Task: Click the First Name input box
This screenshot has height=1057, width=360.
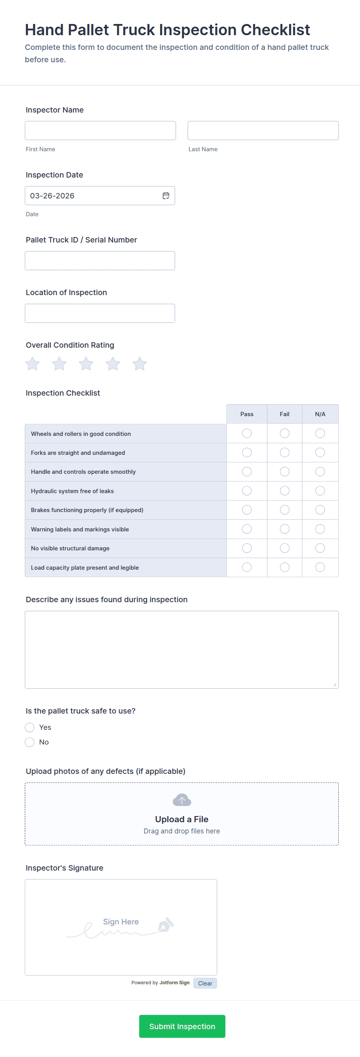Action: pyautogui.click(x=100, y=130)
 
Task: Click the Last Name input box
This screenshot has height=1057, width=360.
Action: pyautogui.click(x=263, y=130)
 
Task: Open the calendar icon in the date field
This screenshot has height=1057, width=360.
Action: pyautogui.click(x=166, y=196)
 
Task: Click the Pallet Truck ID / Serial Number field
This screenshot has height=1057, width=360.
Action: pyautogui.click(x=100, y=261)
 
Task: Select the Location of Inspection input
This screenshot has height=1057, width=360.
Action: pyautogui.click(x=100, y=313)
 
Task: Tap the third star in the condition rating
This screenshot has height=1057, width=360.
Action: pyautogui.click(x=86, y=364)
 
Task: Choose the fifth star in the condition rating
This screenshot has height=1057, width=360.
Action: pyautogui.click(x=140, y=364)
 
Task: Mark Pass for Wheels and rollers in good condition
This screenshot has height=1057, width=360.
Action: pyautogui.click(x=247, y=433)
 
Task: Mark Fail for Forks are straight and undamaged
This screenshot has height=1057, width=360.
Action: pyautogui.click(x=285, y=453)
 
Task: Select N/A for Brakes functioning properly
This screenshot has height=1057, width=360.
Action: pyautogui.click(x=320, y=510)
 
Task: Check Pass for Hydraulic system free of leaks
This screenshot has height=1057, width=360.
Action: pyautogui.click(x=247, y=491)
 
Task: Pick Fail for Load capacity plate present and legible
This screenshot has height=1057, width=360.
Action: pyautogui.click(x=285, y=567)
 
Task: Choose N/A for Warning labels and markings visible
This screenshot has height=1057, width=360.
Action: pyautogui.click(x=320, y=529)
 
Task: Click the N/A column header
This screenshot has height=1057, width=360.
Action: pyautogui.click(x=320, y=414)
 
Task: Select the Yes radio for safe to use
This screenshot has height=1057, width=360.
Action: pyautogui.click(x=29, y=727)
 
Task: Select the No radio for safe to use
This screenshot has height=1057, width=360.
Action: pyautogui.click(x=29, y=742)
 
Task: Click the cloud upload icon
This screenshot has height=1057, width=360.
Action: pyautogui.click(x=182, y=800)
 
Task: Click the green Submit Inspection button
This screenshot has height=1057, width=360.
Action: pyautogui.click(x=182, y=1026)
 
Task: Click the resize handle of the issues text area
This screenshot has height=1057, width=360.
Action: pyautogui.click(x=334, y=685)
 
